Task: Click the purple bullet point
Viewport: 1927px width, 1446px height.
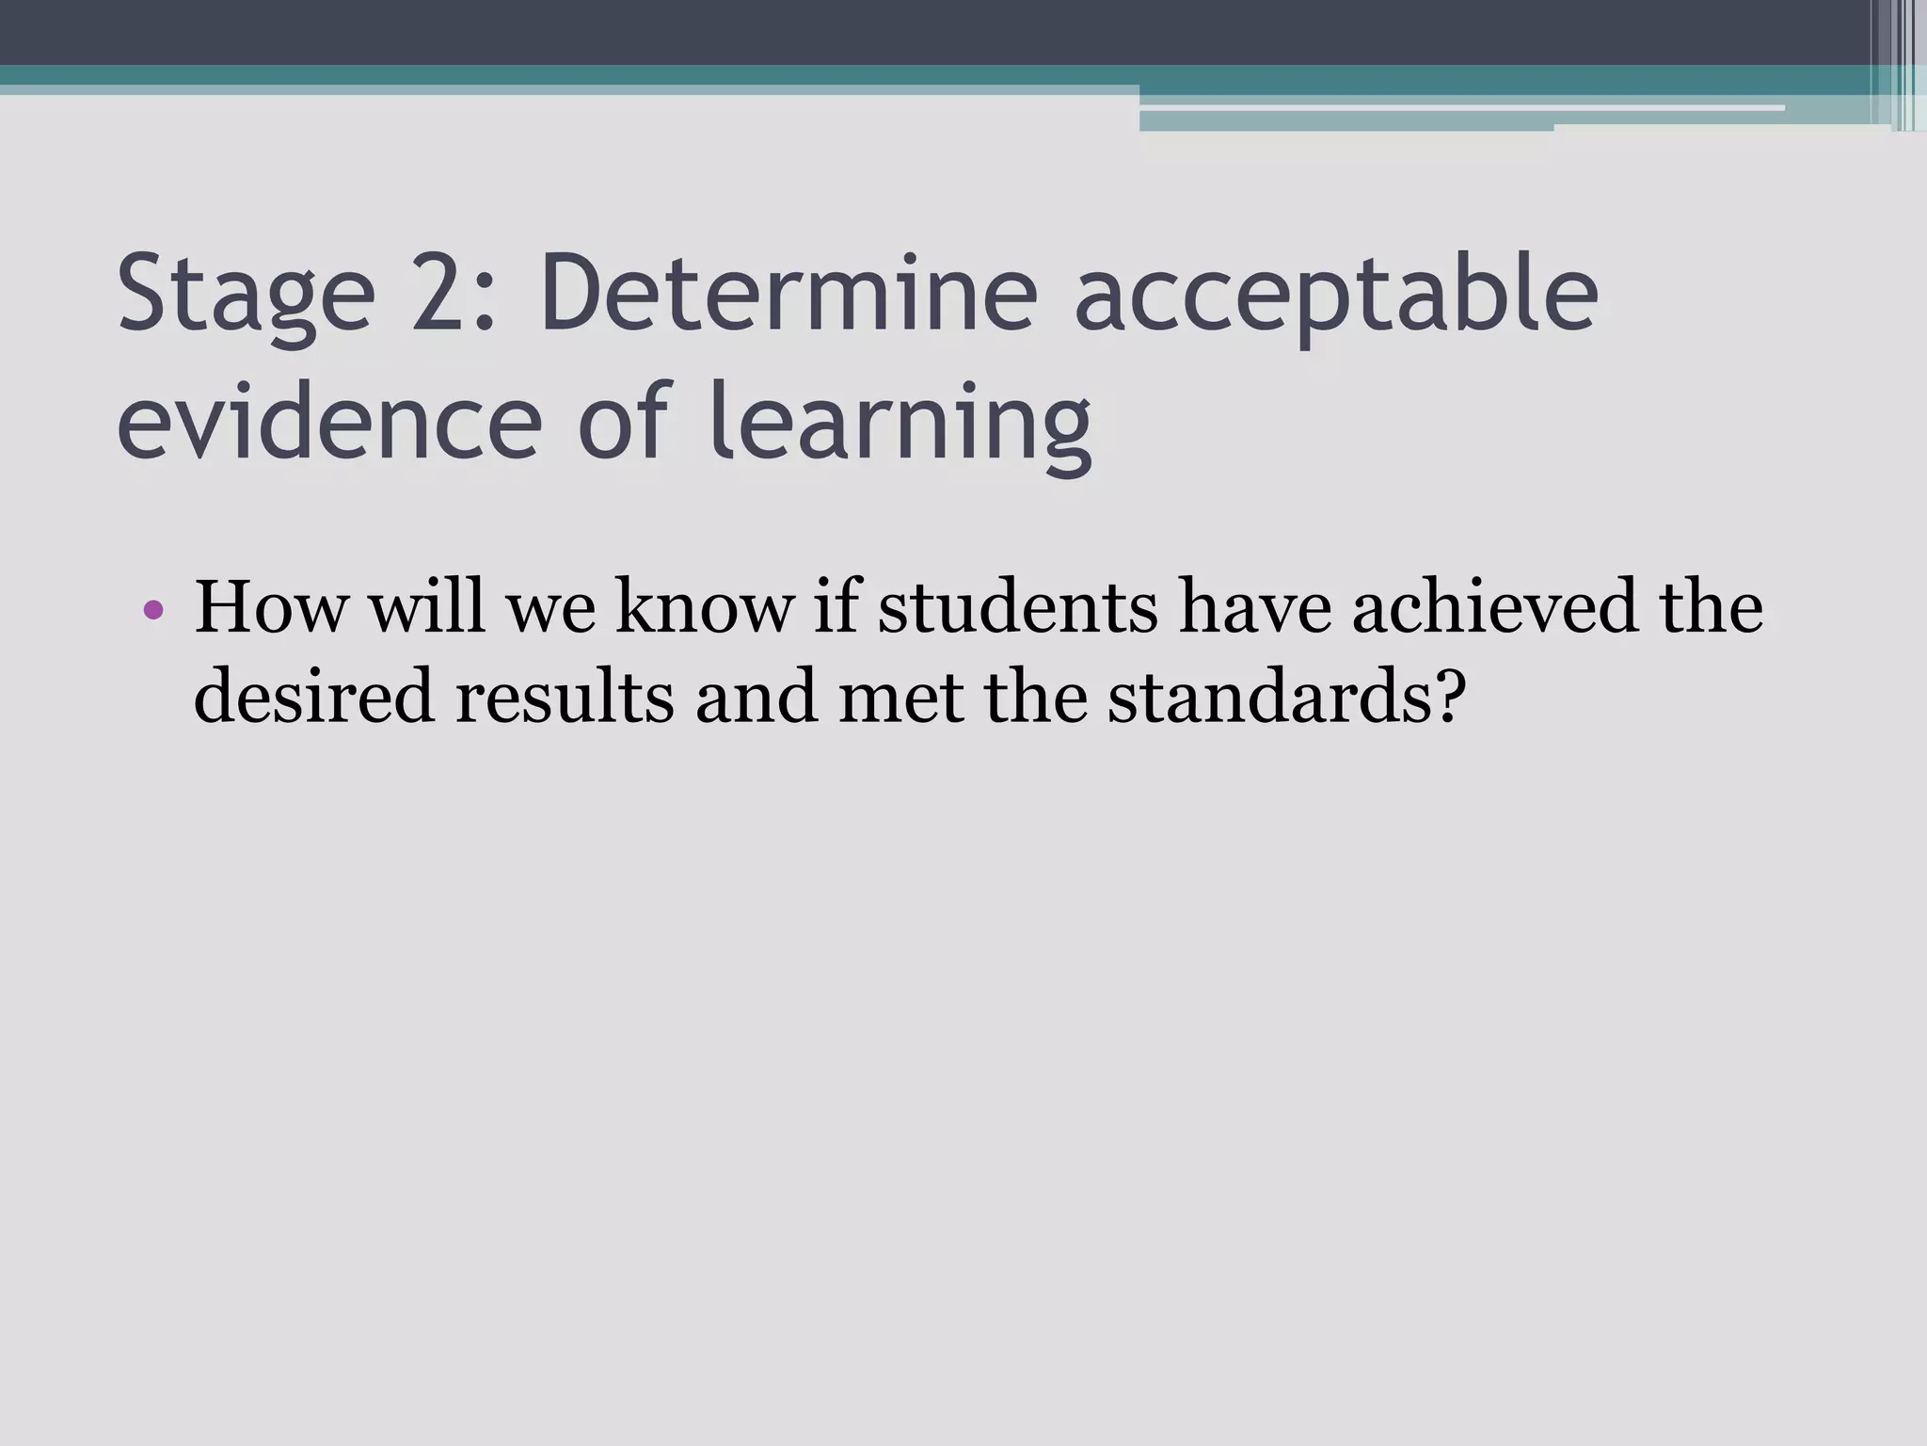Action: point(154,611)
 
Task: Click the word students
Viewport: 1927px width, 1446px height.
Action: point(1017,607)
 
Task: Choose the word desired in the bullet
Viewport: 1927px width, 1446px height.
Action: point(314,697)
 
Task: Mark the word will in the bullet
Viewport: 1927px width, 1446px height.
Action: point(427,607)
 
